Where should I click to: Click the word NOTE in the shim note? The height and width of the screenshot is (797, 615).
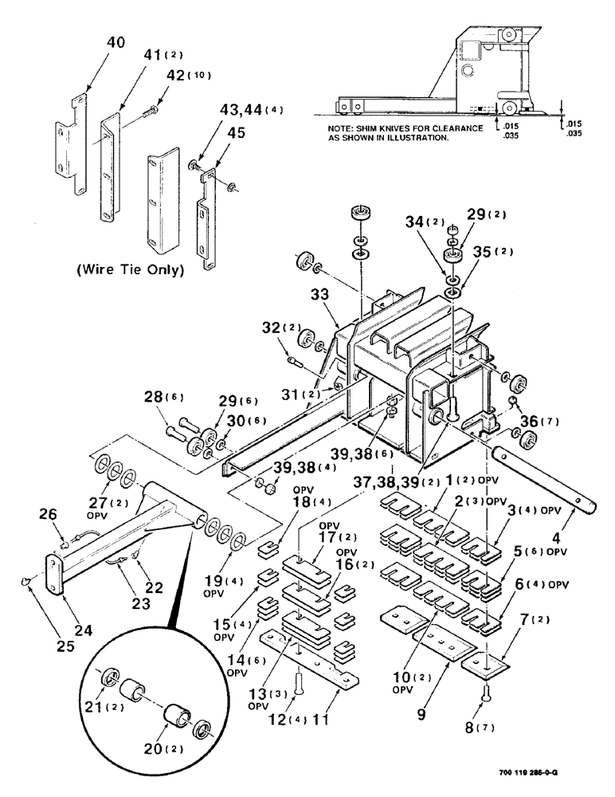pos(343,128)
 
